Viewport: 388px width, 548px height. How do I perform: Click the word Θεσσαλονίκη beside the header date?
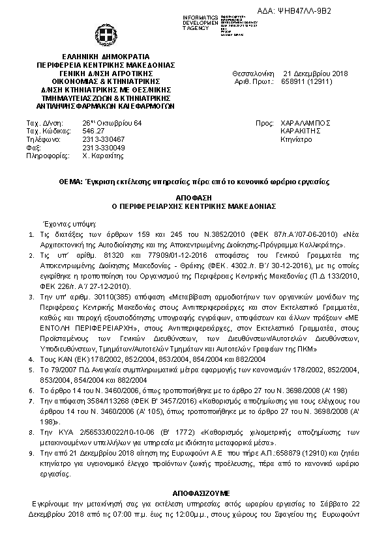pyautogui.click(x=252, y=74)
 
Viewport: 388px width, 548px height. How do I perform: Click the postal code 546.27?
pyautogui.click(x=93, y=130)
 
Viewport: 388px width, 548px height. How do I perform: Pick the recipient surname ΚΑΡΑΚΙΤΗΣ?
pyautogui.click(x=300, y=130)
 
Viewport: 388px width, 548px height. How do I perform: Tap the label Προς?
pyautogui.click(x=264, y=122)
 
